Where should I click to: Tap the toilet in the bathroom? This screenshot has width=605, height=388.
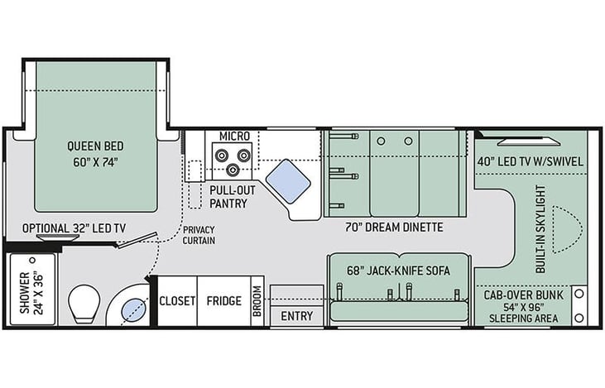(84, 304)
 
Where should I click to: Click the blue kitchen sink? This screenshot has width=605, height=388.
(288, 182)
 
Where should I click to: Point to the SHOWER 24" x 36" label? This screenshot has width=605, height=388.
(32, 293)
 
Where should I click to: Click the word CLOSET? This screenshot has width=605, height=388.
(177, 301)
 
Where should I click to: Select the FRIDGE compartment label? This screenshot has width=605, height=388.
(224, 301)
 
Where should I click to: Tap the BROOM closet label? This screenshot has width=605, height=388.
(257, 301)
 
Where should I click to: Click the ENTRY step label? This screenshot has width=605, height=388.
(297, 316)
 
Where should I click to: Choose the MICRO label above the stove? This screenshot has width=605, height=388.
(234, 137)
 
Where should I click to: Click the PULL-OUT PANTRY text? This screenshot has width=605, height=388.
(233, 197)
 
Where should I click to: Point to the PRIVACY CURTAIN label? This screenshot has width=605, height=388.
(199, 235)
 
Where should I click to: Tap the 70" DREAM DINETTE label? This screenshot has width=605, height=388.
(394, 228)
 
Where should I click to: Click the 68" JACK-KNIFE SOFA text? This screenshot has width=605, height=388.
(399, 271)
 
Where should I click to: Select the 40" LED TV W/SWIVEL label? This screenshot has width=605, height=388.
(531, 161)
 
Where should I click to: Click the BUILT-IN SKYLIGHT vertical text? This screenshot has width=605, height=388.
(541, 229)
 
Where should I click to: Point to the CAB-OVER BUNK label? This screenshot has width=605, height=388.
(524, 295)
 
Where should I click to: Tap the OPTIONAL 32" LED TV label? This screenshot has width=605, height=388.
(74, 228)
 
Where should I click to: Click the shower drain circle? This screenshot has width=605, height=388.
(32, 261)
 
